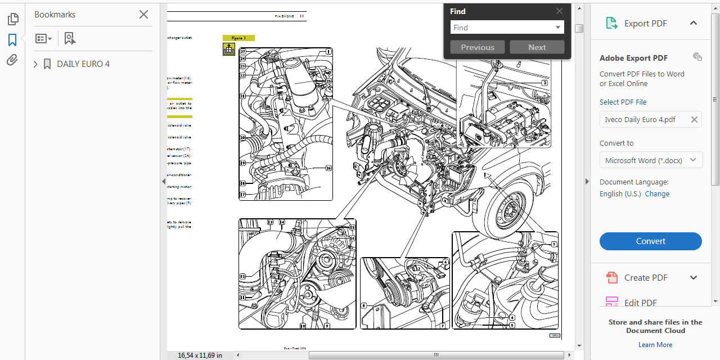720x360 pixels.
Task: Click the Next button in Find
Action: (x=537, y=47)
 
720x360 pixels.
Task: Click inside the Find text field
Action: (x=502, y=28)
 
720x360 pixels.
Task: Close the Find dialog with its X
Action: (x=559, y=11)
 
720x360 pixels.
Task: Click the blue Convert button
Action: (x=650, y=241)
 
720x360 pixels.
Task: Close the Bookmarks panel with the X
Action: (x=143, y=15)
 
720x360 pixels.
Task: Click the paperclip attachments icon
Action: (x=12, y=60)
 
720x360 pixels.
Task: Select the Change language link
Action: (x=657, y=193)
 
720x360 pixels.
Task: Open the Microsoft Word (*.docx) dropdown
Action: (x=650, y=160)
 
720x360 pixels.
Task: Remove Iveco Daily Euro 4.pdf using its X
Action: (x=694, y=119)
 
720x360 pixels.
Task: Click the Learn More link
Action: (x=655, y=345)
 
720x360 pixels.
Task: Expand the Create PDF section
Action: (x=693, y=277)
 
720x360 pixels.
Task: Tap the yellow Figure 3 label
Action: (x=238, y=38)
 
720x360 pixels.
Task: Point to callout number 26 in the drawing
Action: (x=328, y=168)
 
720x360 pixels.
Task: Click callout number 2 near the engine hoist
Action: (x=544, y=83)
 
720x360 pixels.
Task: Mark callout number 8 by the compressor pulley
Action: (x=364, y=306)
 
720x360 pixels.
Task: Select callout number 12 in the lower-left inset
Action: (x=242, y=276)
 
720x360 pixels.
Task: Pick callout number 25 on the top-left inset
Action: (x=328, y=81)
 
